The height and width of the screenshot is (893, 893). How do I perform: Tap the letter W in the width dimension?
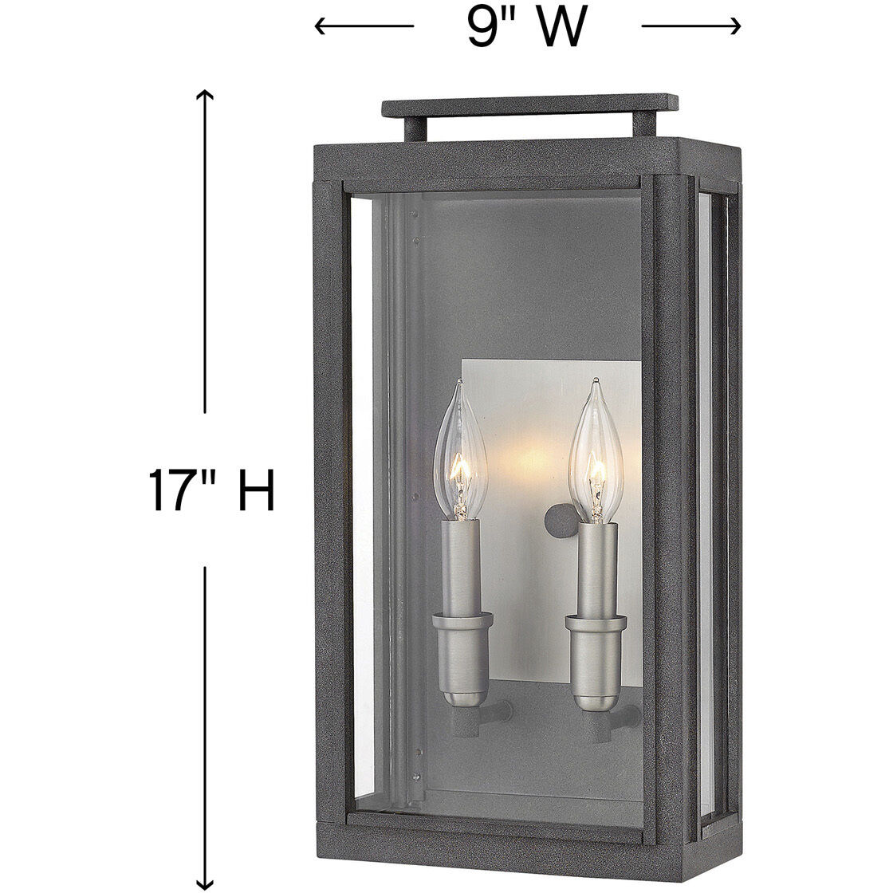tap(558, 28)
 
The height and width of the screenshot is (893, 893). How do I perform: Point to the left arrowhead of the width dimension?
tap(320, 27)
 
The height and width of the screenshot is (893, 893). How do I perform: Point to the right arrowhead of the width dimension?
tap(737, 27)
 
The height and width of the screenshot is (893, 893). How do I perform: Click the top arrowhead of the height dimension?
tap(207, 94)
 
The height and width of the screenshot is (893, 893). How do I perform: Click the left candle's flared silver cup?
tap(458, 626)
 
